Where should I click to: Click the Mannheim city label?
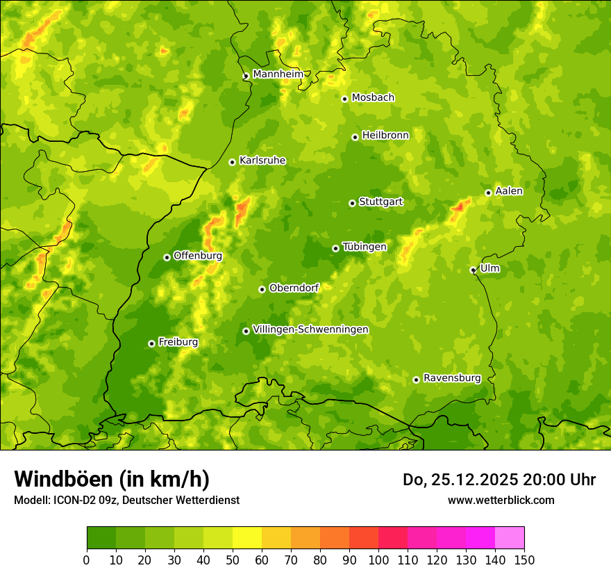point(278,74)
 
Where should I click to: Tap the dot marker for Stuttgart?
point(352,203)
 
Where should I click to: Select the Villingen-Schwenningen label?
point(310,330)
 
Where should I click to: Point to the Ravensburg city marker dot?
point(416,380)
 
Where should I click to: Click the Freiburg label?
point(178,342)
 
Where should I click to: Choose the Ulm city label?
point(489,268)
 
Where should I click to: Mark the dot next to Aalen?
point(488,193)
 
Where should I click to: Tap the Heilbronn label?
point(385,136)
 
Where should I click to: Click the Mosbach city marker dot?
point(344,99)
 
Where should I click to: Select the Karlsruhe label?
point(262,161)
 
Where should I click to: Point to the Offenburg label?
point(197,256)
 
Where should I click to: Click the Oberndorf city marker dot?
point(262,289)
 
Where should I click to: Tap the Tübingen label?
point(365,247)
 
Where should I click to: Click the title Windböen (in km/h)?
point(111,479)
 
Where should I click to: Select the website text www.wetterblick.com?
point(501,500)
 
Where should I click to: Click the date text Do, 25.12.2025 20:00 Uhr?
point(499,480)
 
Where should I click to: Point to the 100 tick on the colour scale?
point(378,560)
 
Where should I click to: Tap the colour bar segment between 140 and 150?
point(510,538)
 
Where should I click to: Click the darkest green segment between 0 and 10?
point(101,538)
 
